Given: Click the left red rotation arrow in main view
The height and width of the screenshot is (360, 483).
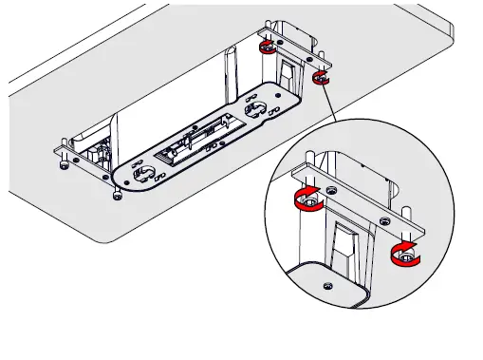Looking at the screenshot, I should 268,47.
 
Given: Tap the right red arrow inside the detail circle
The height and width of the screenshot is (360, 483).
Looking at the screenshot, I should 403,251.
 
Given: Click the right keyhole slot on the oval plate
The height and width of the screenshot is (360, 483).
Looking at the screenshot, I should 254,110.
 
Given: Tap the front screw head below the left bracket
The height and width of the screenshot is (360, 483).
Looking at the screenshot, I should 116,196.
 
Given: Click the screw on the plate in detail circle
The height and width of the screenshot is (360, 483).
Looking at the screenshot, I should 326,285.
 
